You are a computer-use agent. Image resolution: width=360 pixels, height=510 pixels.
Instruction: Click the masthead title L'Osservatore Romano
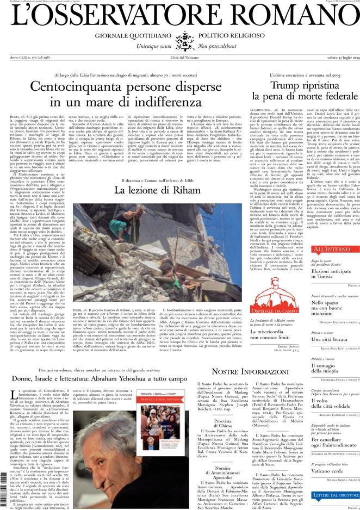point(180,17)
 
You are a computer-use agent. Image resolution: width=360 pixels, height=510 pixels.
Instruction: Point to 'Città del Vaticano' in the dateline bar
point(180,58)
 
